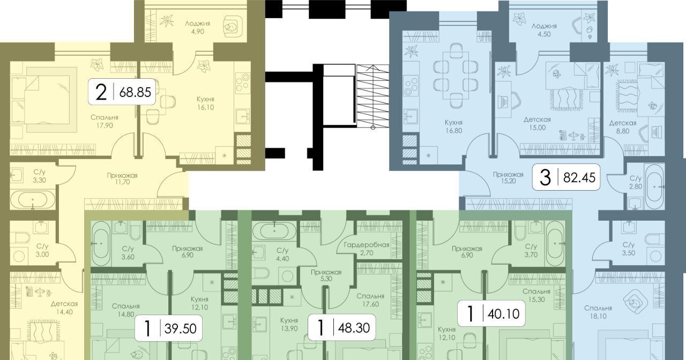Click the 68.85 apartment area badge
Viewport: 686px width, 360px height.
[x=122, y=92]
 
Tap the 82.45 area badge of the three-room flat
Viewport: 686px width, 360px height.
[x=566, y=177]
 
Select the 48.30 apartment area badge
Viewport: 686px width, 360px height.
[x=341, y=327]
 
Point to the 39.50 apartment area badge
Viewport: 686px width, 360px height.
[x=168, y=328]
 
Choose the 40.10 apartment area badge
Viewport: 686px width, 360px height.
[x=491, y=313]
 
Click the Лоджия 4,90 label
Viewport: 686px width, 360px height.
[x=198, y=27]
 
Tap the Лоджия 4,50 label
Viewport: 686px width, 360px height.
[x=544, y=30]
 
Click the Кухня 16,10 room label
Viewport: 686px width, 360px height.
[x=205, y=103]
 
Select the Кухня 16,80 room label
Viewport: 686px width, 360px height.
[x=454, y=126]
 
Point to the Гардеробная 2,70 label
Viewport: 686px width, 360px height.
[x=367, y=249]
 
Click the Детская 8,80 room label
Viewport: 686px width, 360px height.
[x=623, y=127]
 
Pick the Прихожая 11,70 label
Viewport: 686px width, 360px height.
[x=122, y=179]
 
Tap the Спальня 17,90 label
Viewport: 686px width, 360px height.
[x=105, y=121]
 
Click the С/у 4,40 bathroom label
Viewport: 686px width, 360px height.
[x=282, y=254]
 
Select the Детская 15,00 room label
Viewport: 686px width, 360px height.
[x=537, y=123]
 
